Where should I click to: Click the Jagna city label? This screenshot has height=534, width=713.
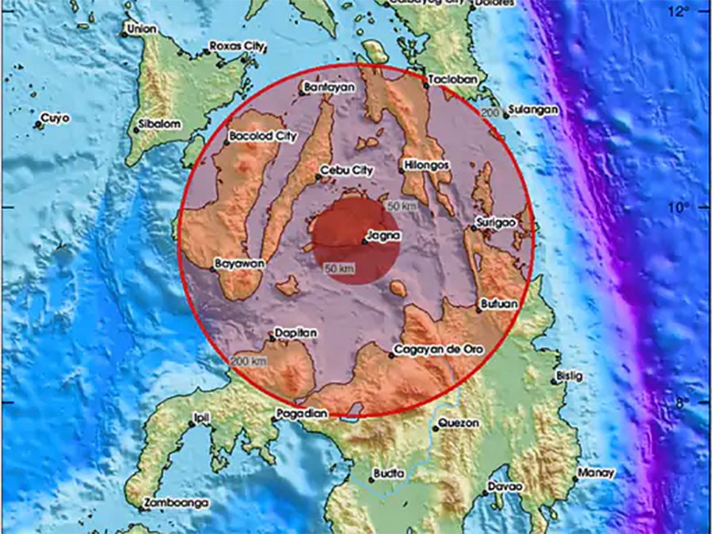[384, 236]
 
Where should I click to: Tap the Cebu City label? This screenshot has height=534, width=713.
[346, 170]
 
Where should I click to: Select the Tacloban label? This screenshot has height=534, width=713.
[452, 80]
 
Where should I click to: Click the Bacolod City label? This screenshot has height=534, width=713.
[263, 136]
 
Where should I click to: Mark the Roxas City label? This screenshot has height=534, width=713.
[237, 47]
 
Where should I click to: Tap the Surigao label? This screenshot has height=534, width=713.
[498, 223]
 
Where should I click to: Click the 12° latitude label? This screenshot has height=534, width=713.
[679, 11]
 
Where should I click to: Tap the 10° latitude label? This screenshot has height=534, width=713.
[679, 207]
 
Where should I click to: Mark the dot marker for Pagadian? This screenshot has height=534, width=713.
[275, 415]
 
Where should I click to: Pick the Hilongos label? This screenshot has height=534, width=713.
[427, 165]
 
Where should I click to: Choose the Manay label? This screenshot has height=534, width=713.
[597, 473]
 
